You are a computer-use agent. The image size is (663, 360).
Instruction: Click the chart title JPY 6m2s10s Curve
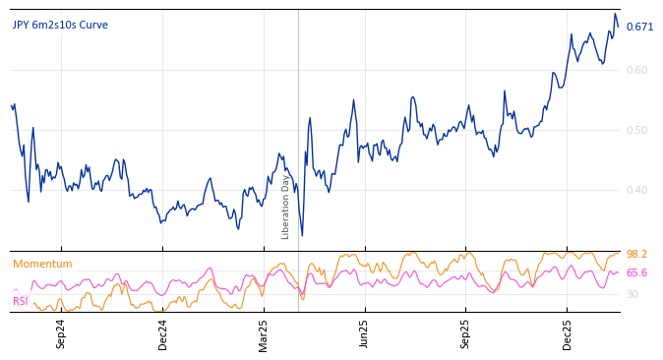60,26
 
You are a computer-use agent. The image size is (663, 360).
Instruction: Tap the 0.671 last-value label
639,27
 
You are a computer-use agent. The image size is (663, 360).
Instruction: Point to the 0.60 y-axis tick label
636,70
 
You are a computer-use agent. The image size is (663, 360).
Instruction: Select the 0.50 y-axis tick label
636,130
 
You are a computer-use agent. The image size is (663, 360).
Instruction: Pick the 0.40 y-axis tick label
636,190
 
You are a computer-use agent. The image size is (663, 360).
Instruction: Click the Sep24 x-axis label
61,333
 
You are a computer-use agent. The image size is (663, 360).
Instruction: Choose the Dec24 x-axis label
163,333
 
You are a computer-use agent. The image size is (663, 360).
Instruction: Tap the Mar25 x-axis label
264,333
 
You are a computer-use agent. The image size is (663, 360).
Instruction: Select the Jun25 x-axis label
365,333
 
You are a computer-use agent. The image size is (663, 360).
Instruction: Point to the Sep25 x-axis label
466,333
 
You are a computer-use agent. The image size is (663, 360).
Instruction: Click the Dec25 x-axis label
568,333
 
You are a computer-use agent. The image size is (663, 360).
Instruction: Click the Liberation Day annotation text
286,207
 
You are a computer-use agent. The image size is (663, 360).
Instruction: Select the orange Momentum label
42,264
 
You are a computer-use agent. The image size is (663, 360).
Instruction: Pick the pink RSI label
20,301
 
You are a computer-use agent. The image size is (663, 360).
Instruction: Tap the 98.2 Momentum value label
636,254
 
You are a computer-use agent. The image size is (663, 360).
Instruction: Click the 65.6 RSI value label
636,273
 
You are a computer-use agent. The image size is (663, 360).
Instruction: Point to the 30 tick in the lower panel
633,294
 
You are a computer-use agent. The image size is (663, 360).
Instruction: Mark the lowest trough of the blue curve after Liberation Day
302,235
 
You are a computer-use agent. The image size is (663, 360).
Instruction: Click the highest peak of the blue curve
615,14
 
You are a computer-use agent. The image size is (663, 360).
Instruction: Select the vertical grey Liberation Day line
298,118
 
